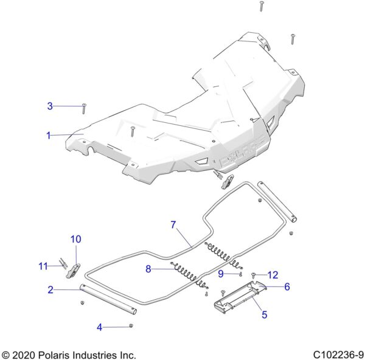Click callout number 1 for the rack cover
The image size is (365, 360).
click(x=49, y=135)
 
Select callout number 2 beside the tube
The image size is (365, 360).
click(x=50, y=289)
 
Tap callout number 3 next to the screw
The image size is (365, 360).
click(x=50, y=106)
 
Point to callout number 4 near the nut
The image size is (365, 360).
click(x=99, y=327)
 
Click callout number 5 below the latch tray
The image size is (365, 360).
click(x=265, y=314)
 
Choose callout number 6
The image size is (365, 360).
click(x=287, y=286)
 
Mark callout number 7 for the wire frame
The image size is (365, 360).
click(x=173, y=224)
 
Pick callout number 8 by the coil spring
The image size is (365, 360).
click(x=148, y=269)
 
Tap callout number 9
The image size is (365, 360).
click(x=221, y=274)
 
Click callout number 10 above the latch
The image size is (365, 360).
click(x=76, y=239)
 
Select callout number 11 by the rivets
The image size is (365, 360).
click(x=43, y=266)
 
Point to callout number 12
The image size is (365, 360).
click(x=273, y=275)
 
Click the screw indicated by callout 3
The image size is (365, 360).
click(x=84, y=109)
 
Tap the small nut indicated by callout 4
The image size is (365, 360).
click(x=131, y=325)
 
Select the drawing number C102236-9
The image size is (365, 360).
click(x=338, y=355)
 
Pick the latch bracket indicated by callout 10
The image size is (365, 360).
click(x=74, y=271)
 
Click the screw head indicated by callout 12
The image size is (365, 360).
click(x=254, y=275)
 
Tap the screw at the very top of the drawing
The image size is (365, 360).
click(x=262, y=6)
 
